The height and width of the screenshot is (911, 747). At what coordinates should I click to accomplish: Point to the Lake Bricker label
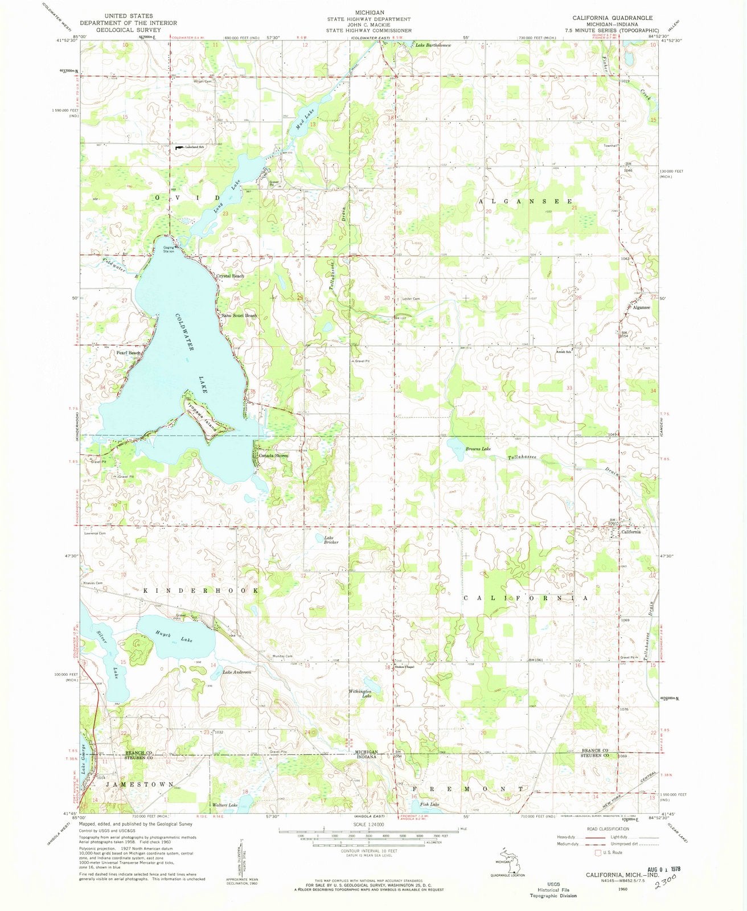331,540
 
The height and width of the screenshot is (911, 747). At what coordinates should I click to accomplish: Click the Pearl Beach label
128,353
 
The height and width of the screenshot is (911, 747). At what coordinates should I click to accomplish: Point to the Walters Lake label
224,805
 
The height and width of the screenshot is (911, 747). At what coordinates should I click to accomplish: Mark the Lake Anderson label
237,672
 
